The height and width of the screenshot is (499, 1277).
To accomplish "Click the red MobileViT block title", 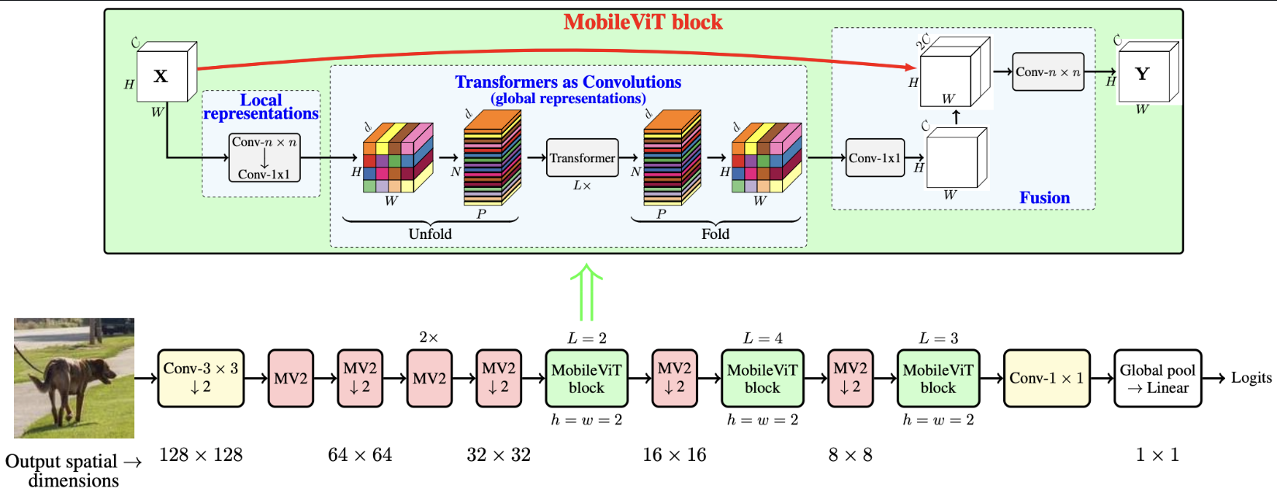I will pyautogui.click(x=642, y=22).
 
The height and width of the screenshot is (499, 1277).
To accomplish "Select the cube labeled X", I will pyautogui.click(x=162, y=76).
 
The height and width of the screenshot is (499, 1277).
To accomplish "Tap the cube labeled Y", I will pyautogui.click(x=1143, y=75).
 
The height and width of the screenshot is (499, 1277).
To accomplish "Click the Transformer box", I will pyautogui.click(x=582, y=158).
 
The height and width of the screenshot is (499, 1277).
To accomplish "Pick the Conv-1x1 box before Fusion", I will pyautogui.click(x=874, y=158).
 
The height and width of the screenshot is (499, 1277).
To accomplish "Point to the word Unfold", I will pyautogui.click(x=430, y=234).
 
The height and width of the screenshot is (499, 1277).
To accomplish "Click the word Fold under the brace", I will pyautogui.click(x=715, y=234).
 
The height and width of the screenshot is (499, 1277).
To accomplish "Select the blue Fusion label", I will pyautogui.click(x=1044, y=198).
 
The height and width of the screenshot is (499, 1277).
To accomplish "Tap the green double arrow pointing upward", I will pyautogui.click(x=587, y=293).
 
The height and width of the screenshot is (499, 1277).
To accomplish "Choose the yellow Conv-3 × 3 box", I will pyautogui.click(x=200, y=378).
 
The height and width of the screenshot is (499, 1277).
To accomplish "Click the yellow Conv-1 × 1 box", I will pyautogui.click(x=1047, y=378).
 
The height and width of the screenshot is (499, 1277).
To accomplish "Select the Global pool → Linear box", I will pyautogui.click(x=1158, y=378).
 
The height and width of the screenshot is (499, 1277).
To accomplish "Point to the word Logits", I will pyautogui.click(x=1251, y=378).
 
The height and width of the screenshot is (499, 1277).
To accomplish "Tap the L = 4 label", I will pyautogui.click(x=763, y=338).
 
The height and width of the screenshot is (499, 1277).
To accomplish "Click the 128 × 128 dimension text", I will pyautogui.click(x=200, y=455).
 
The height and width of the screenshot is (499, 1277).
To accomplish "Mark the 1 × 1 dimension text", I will pyautogui.click(x=1157, y=455).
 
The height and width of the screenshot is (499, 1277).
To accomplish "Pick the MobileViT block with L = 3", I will pyautogui.click(x=938, y=378).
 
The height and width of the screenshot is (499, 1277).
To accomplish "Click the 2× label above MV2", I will pyautogui.click(x=428, y=338).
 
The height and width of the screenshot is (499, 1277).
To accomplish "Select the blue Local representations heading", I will pyautogui.click(x=261, y=106).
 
